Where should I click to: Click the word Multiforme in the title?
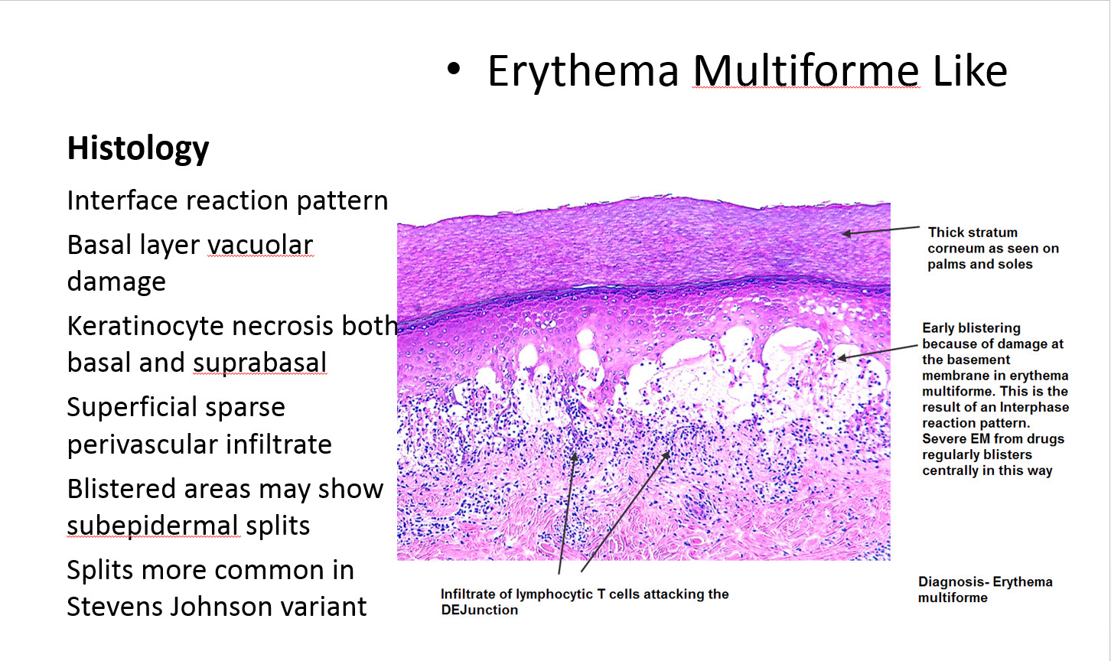pyautogui.click(x=806, y=71)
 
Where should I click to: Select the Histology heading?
pyautogui.click(x=138, y=148)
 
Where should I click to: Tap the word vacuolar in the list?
pyautogui.click(x=260, y=245)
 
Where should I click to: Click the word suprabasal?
pyautogui.click(x=259, y=363)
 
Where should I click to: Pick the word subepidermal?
pyautogui.click(x=153, y=526)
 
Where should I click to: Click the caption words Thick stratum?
pyautogui.click(x=973, y=232)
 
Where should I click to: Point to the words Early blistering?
pyautogui.click(x=971, y=327)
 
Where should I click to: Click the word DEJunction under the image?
pyautogui.click(x=479, y=610)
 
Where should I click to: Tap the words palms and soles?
pyautogui.click(x=979, y=264)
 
